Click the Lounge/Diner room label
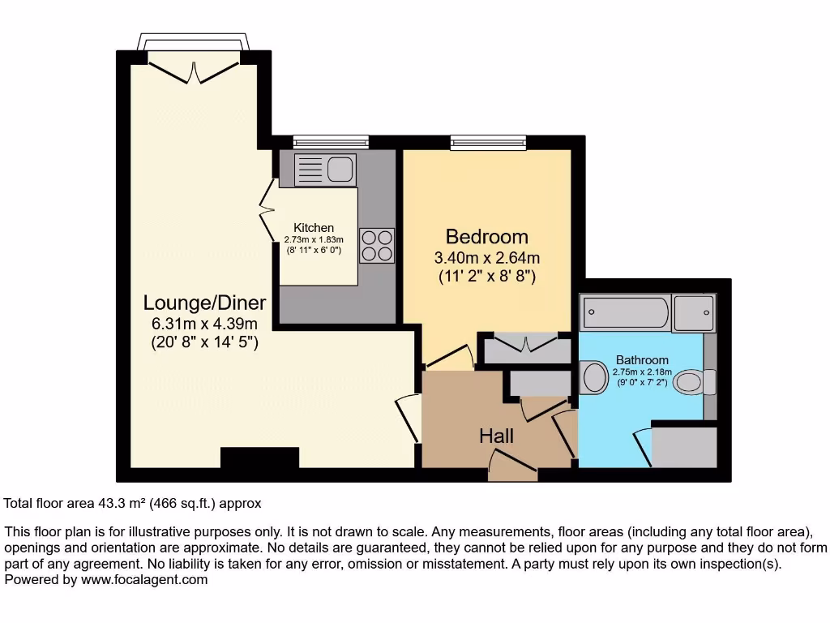(204, 303)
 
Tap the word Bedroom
(486, 237)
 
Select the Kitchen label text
(314, 228)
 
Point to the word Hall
(496, 436)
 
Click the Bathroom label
(642, 360)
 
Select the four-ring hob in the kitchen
(376, 245)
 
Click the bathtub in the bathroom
(625, 311)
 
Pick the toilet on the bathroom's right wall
(693, 381)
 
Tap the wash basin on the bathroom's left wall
(594, 378)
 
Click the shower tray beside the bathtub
(695, 312)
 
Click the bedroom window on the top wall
(488, 143)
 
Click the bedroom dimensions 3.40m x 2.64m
(486, 259)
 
